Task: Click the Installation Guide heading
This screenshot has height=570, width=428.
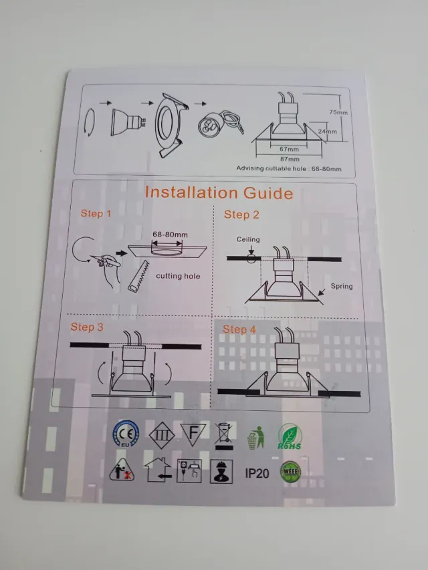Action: click(219, 193)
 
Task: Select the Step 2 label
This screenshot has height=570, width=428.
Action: click(241, 215)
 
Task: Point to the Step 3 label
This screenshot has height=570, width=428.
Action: click(87, 327)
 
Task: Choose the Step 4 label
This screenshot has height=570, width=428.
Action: click(239, 329)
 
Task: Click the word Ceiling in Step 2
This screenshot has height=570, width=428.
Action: click(248, 239)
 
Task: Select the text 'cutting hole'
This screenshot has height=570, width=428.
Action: click(178, 276)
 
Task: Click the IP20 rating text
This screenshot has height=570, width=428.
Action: click(257, 473)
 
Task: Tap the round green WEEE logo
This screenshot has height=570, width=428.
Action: click(290, 472)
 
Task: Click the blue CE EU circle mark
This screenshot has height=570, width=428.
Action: click(124, 433)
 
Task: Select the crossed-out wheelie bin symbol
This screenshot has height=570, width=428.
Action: click(224, 434)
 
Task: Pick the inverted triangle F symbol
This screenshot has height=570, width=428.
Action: click(192, 434)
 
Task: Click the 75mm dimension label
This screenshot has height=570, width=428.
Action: click(339, 112)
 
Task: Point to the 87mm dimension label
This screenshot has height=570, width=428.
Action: click(290, 158)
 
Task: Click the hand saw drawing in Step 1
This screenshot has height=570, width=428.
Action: click(136, 275)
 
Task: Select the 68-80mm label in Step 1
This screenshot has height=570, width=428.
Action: click(170, 235)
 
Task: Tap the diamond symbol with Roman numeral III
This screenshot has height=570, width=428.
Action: click(159, 434)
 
